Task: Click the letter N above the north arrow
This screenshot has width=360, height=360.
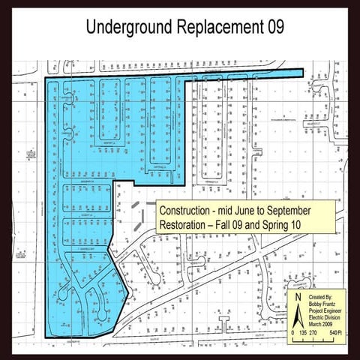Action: [296, 296]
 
